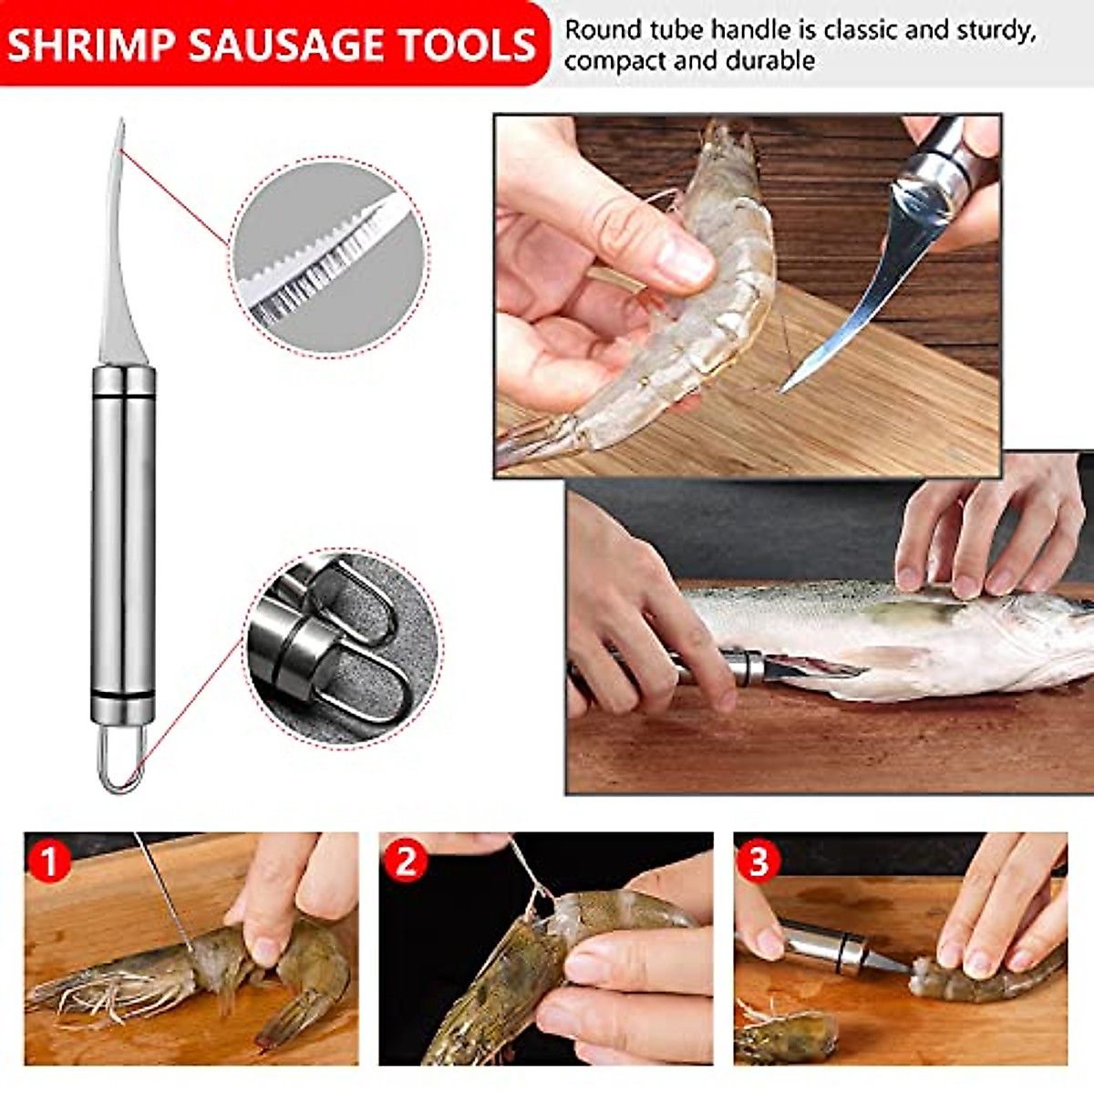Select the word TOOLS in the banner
point(470,45)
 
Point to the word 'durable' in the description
point(769,62)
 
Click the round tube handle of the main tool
point(123,538)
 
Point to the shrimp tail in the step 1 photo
point(292,1012)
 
